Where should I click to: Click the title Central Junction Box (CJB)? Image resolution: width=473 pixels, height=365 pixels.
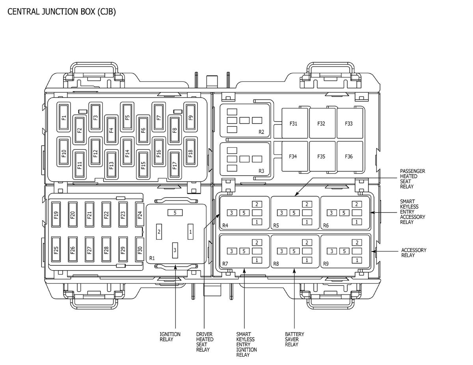61,11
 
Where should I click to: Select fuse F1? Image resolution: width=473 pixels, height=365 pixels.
63,117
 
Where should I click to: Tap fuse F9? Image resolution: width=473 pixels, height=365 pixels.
190,117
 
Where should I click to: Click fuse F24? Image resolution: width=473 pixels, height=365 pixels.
140,215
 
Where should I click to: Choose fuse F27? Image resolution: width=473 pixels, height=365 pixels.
89,249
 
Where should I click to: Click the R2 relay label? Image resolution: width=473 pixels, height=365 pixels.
261,132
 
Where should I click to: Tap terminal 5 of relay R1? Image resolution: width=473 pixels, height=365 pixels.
175,213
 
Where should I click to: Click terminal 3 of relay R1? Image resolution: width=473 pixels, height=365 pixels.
175,250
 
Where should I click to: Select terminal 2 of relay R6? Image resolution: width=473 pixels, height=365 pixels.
357,204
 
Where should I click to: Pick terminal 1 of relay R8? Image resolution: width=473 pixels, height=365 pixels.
307,260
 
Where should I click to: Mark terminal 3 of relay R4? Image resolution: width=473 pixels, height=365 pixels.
232,213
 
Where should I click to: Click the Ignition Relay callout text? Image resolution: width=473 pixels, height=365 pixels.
170,337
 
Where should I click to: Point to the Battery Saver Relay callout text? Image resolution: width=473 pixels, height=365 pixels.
294,339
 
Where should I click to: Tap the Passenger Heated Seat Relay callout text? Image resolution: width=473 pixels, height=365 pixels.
412,179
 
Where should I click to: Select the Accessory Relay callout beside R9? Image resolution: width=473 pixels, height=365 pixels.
413,253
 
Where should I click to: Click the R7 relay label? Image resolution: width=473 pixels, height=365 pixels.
225,264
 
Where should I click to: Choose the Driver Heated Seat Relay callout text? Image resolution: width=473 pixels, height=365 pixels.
205,342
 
